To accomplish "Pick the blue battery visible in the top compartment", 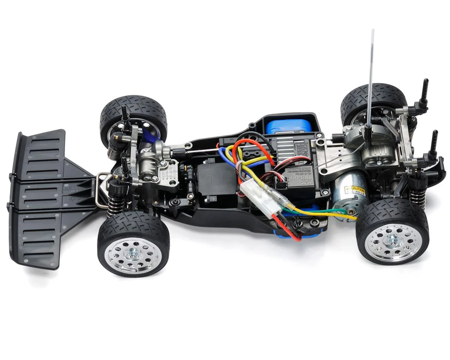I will click(289, 126).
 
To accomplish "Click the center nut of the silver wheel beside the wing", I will click(133, 254).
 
